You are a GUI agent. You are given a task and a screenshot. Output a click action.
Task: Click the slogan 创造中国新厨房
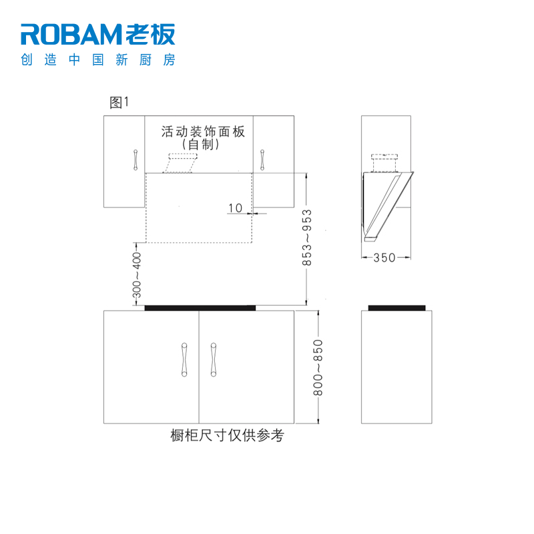(x=98, y=60)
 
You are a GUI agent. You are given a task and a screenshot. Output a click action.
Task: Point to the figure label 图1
(x=118, y=103)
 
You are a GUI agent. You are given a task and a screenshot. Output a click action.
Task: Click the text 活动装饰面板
(x=203, y=131)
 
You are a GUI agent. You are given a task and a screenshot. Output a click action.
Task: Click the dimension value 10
(x=235, y=208)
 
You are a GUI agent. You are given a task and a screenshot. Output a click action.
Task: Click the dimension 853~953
(x=308, y=238)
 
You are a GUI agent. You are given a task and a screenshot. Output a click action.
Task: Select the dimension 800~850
(x=318, y=368)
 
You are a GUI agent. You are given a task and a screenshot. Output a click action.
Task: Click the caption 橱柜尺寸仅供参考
(x=228, y=436)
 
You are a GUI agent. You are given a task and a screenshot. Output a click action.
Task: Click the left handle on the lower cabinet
(x=184, y=360)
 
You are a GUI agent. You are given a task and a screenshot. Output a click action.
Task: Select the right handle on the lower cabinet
(x=214, y=360)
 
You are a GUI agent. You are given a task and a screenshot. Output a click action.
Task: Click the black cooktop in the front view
(x=200, y=308)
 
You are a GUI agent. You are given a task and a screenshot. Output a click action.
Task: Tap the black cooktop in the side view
(x=397, y=308)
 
